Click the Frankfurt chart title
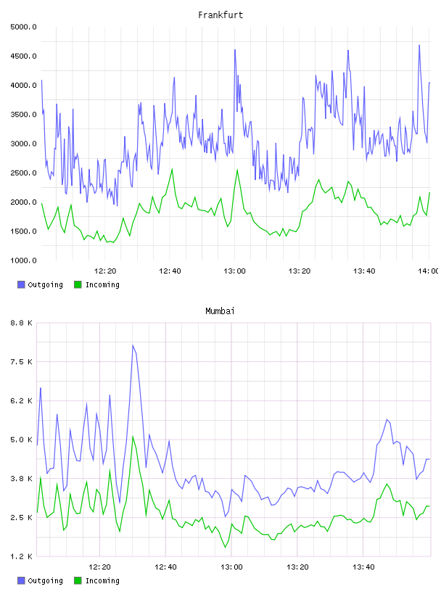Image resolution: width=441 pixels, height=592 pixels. point(220,15)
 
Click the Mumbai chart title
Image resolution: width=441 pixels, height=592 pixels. point(220,311)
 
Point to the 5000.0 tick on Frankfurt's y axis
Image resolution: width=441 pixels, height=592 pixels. point(23,27)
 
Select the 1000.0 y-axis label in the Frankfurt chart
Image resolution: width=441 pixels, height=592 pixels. point(23,260)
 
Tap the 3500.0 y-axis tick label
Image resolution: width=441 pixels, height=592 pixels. point(23,115)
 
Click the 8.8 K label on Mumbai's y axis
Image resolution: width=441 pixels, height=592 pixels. point(21,323)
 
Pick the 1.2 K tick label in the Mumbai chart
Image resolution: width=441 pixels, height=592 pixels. point(21,556)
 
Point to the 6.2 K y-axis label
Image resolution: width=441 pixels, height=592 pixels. point(21,401)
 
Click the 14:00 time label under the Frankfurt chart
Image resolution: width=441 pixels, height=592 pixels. point(429,271)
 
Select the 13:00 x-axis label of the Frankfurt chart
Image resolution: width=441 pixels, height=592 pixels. point(234,271)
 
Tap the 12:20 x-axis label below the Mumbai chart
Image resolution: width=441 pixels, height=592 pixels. point(99,567)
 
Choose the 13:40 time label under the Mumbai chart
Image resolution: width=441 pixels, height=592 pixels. point(363,567)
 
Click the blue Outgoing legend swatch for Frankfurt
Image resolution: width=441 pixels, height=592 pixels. point(21,284)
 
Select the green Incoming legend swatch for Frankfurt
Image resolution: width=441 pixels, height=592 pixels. point(78,284)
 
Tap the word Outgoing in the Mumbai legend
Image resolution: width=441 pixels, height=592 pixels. point(45,580)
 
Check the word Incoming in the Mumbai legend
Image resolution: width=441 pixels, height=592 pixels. point(102,580)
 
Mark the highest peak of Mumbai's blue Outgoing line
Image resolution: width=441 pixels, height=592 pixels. point(133,345)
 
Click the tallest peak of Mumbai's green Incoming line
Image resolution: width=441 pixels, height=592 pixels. point(133,437)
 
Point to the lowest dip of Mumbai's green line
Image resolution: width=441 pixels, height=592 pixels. point(226,547)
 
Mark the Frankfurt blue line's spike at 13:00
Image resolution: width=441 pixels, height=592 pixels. point(235,50)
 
